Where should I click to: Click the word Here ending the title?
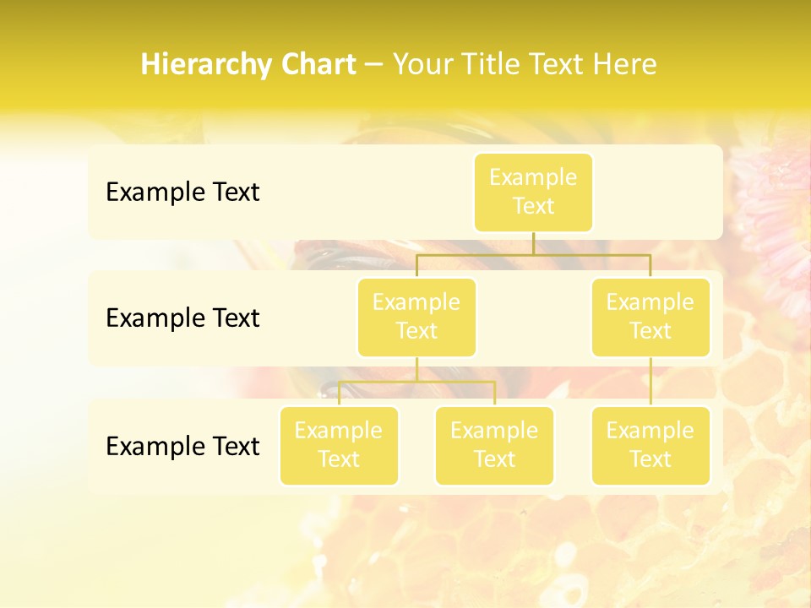(624, 65)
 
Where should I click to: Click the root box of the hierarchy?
(533, 193)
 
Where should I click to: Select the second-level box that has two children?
(416, 318)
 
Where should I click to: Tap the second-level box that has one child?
(650, 318)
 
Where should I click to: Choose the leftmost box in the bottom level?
(339, 446)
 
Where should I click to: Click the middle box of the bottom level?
(494, 446)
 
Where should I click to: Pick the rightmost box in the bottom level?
(650, 446)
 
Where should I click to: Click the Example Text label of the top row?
(182, 193)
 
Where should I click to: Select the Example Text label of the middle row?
(182, 318)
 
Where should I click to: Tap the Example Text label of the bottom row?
(182, 446)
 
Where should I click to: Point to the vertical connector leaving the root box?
(533, 243)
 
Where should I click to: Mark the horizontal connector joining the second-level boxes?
(532, 254)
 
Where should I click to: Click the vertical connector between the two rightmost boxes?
(650, 382)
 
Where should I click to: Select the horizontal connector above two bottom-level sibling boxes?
(416, 382)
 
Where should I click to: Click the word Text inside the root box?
(533, 207)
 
